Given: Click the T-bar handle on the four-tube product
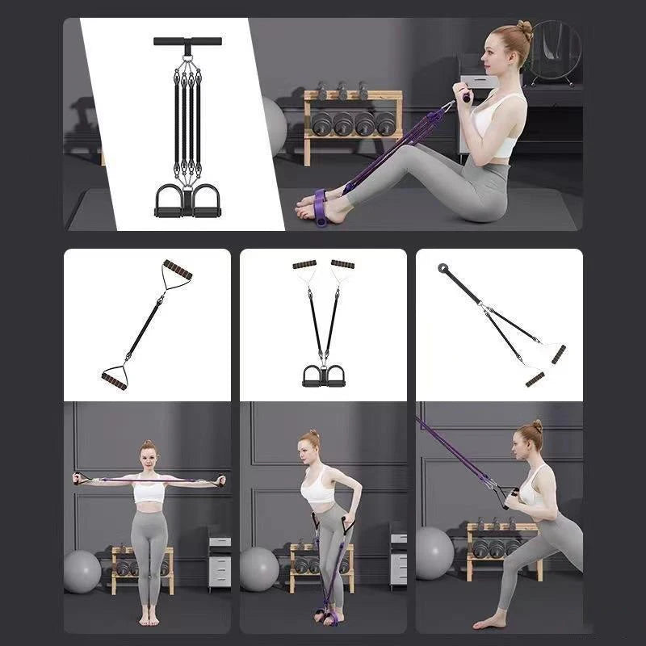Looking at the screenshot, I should (x=187, y=41).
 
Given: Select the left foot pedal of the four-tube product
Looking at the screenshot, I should (x=170, y=201).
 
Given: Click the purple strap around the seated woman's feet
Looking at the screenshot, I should (x=321, y=207).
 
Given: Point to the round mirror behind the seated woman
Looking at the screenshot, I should (x=556, y=51).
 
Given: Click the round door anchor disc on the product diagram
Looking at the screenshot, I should (x=443, y=268).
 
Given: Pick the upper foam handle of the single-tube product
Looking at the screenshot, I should (x=178, y=270).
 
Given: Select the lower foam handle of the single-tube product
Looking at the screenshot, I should (x=114, y=379).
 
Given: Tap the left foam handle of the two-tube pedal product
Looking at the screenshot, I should (x=304, y=264).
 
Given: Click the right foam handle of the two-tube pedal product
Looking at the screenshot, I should (x=342, y=264).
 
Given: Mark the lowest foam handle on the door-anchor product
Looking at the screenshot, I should (x=535, y=379).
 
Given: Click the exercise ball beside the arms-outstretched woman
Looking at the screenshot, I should (x=82, y=572).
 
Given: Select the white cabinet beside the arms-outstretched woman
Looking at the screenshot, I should (x=219, y=560).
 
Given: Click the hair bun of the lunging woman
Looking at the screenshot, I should (x=537, y=425).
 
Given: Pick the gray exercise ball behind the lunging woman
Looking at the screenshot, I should (x=434, y=552).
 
